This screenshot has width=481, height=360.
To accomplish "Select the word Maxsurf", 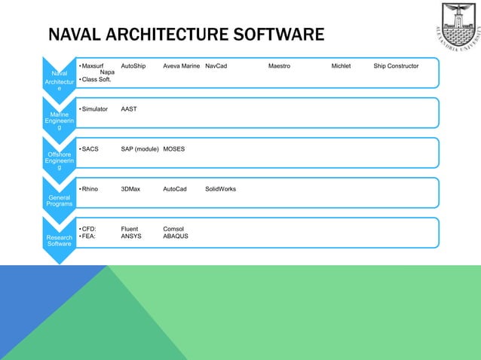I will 93,66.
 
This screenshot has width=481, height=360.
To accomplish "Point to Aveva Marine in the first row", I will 181,66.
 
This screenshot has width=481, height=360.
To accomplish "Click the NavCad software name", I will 216,66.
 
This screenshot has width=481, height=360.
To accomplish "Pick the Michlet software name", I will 341,66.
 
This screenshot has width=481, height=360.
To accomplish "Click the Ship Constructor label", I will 396,66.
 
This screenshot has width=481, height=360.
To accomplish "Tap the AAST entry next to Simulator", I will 129,109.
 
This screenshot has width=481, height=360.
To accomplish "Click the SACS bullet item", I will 90,149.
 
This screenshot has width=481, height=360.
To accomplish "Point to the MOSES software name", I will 173,149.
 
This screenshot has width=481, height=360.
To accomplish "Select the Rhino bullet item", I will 92,189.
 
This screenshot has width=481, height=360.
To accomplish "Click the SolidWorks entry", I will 220,189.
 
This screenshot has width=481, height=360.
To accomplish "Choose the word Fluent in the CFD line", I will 131,228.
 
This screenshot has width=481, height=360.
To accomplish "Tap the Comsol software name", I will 173,228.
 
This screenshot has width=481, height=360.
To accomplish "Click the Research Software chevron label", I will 59,239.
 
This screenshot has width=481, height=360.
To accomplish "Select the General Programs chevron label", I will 59,200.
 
